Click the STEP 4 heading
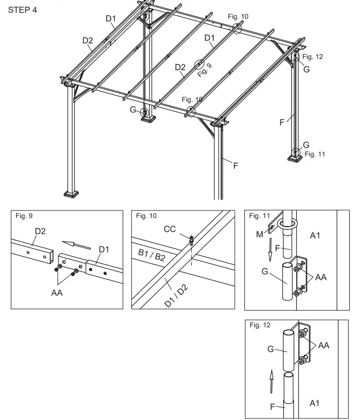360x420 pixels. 22,10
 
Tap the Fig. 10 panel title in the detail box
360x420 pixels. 146,216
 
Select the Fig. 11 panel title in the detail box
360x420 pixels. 260,216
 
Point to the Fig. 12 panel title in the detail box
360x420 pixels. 260,325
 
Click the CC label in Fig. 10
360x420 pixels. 169,229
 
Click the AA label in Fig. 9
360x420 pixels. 57,293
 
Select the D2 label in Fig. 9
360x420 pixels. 40,231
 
